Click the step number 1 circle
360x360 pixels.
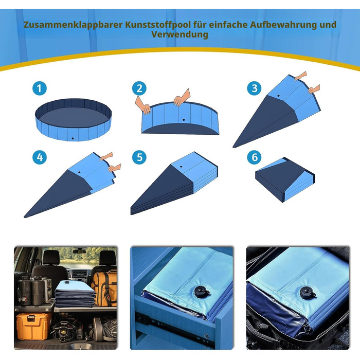(x=40, y=88)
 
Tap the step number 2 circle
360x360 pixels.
(x=139, y=88)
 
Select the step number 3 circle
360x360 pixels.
(x=255, y=88)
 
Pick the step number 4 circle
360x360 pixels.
(x=40, y=157)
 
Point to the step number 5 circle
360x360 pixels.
(x=139, y=157)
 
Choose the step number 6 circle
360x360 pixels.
(x=255, y=157)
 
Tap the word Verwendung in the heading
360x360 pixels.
(x=180, y=34)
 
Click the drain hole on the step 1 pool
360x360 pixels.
(x=73, y=138)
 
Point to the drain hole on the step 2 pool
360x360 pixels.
(x=184, y=120)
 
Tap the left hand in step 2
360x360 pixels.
(x=143, y=105)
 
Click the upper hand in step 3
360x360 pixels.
(x=300, y=76)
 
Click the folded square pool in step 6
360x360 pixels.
(x=285, y=179)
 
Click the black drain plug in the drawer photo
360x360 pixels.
(x=202, y=292)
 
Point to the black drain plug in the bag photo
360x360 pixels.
(x=308, y=293)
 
